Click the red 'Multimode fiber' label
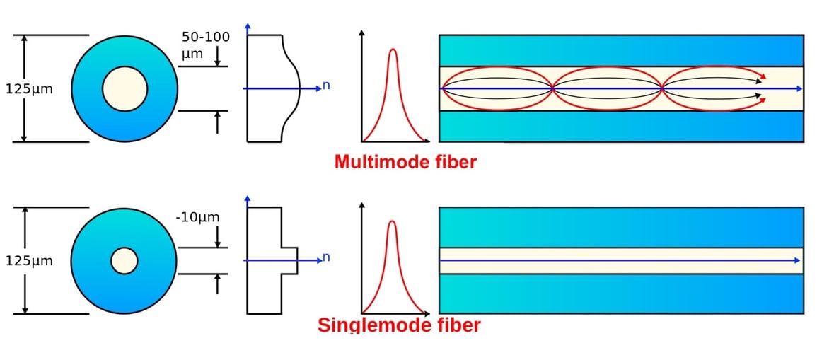405,162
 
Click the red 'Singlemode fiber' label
399,325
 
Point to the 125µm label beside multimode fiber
29,89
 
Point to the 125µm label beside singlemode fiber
29,261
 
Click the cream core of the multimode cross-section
124,89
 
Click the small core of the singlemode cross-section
124,260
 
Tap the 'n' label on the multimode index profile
326,86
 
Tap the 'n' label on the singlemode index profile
326,257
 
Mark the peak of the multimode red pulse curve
393,50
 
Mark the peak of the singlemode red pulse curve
392,222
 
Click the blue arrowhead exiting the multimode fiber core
799,88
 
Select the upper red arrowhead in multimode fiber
764,75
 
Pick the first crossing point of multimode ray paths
552,88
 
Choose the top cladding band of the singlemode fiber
621,226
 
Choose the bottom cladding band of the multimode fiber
621,126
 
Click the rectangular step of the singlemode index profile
290,260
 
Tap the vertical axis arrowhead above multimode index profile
248,27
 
